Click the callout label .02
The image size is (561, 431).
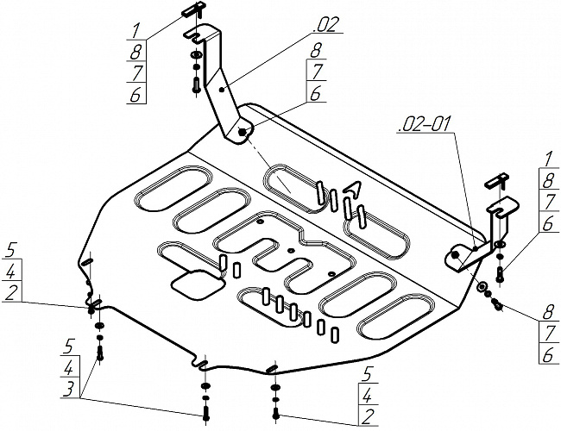pyautogui.click(x=325, y=25)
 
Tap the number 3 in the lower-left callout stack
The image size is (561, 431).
pyautogui.click(x=69, y=389)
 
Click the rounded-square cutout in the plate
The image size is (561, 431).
pyautogui.click(x=199, y=284)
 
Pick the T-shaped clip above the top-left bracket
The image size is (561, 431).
pyautogui.click(x=193, y=10)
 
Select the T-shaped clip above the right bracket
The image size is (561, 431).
pyautogui.click(x=497, y=180)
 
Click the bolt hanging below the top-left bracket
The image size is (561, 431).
pyautogui.click(x=196, y=85)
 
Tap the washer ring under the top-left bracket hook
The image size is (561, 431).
pyautogui.click(x=196, y=55)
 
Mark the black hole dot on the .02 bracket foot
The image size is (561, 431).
pyautogui.click(x=243, y=132)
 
